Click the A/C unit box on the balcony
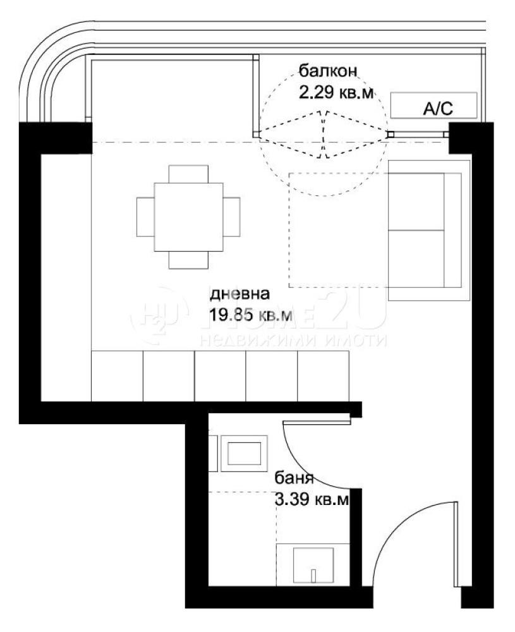pos(433,106)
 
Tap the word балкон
pos(329,72)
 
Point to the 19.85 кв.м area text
pos(251,314)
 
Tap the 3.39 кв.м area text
pos(311,500)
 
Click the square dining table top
pos(188,216)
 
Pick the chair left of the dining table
pos(145,216)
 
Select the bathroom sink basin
pos(244,454)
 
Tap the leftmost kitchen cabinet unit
pos(117,375)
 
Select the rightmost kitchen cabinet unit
pos(323,375)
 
